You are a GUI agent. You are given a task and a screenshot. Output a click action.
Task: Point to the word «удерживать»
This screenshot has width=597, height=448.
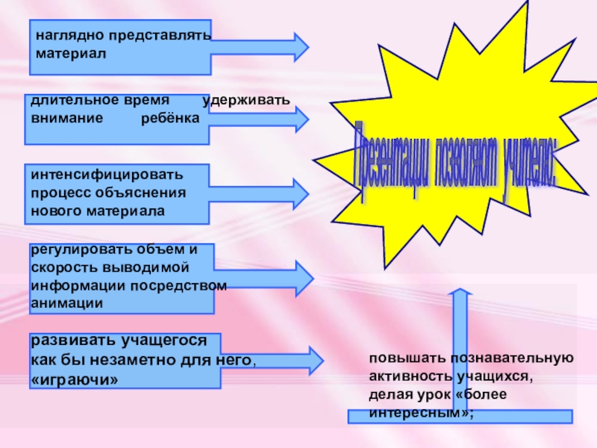(x=246, y=100)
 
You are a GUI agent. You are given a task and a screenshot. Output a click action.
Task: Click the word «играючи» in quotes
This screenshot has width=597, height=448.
(x=75, y=379)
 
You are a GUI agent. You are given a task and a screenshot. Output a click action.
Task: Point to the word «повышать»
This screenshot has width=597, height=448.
(x=401, y=358)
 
